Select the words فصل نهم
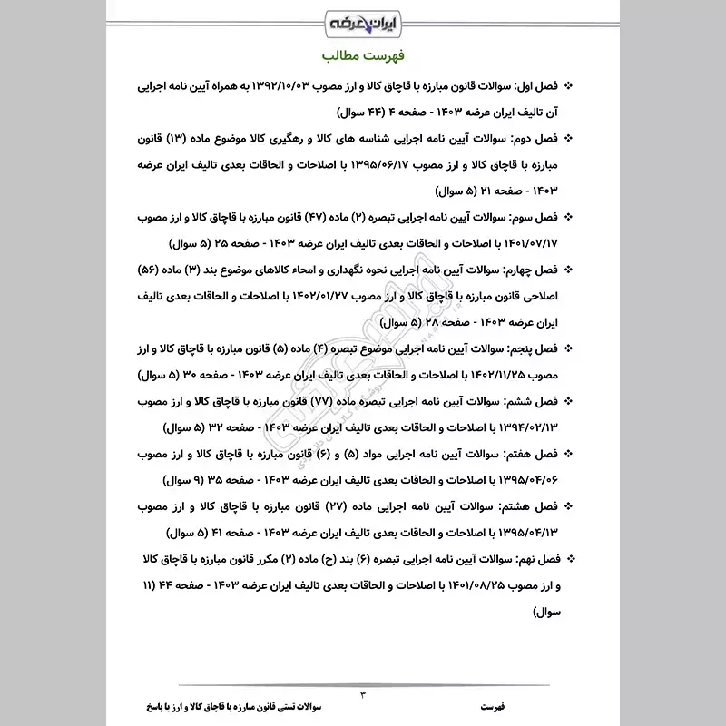point(531,554)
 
